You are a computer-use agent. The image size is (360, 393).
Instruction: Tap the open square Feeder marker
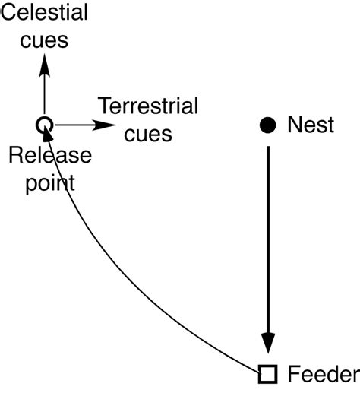tap(267, 373)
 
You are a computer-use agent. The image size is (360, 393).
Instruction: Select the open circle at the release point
tap(44, 124)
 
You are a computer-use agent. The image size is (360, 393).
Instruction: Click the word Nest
tap(311, 125)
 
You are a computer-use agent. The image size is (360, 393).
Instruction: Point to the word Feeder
tap(323, 374)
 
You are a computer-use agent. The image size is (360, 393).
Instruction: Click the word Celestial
tap(44, 13)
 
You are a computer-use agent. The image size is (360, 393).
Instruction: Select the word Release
tap(50, 156)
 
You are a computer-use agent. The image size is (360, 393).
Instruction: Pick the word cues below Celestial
tap(44, 40)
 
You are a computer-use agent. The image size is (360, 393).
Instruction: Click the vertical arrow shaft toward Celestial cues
tap(44, 95)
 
